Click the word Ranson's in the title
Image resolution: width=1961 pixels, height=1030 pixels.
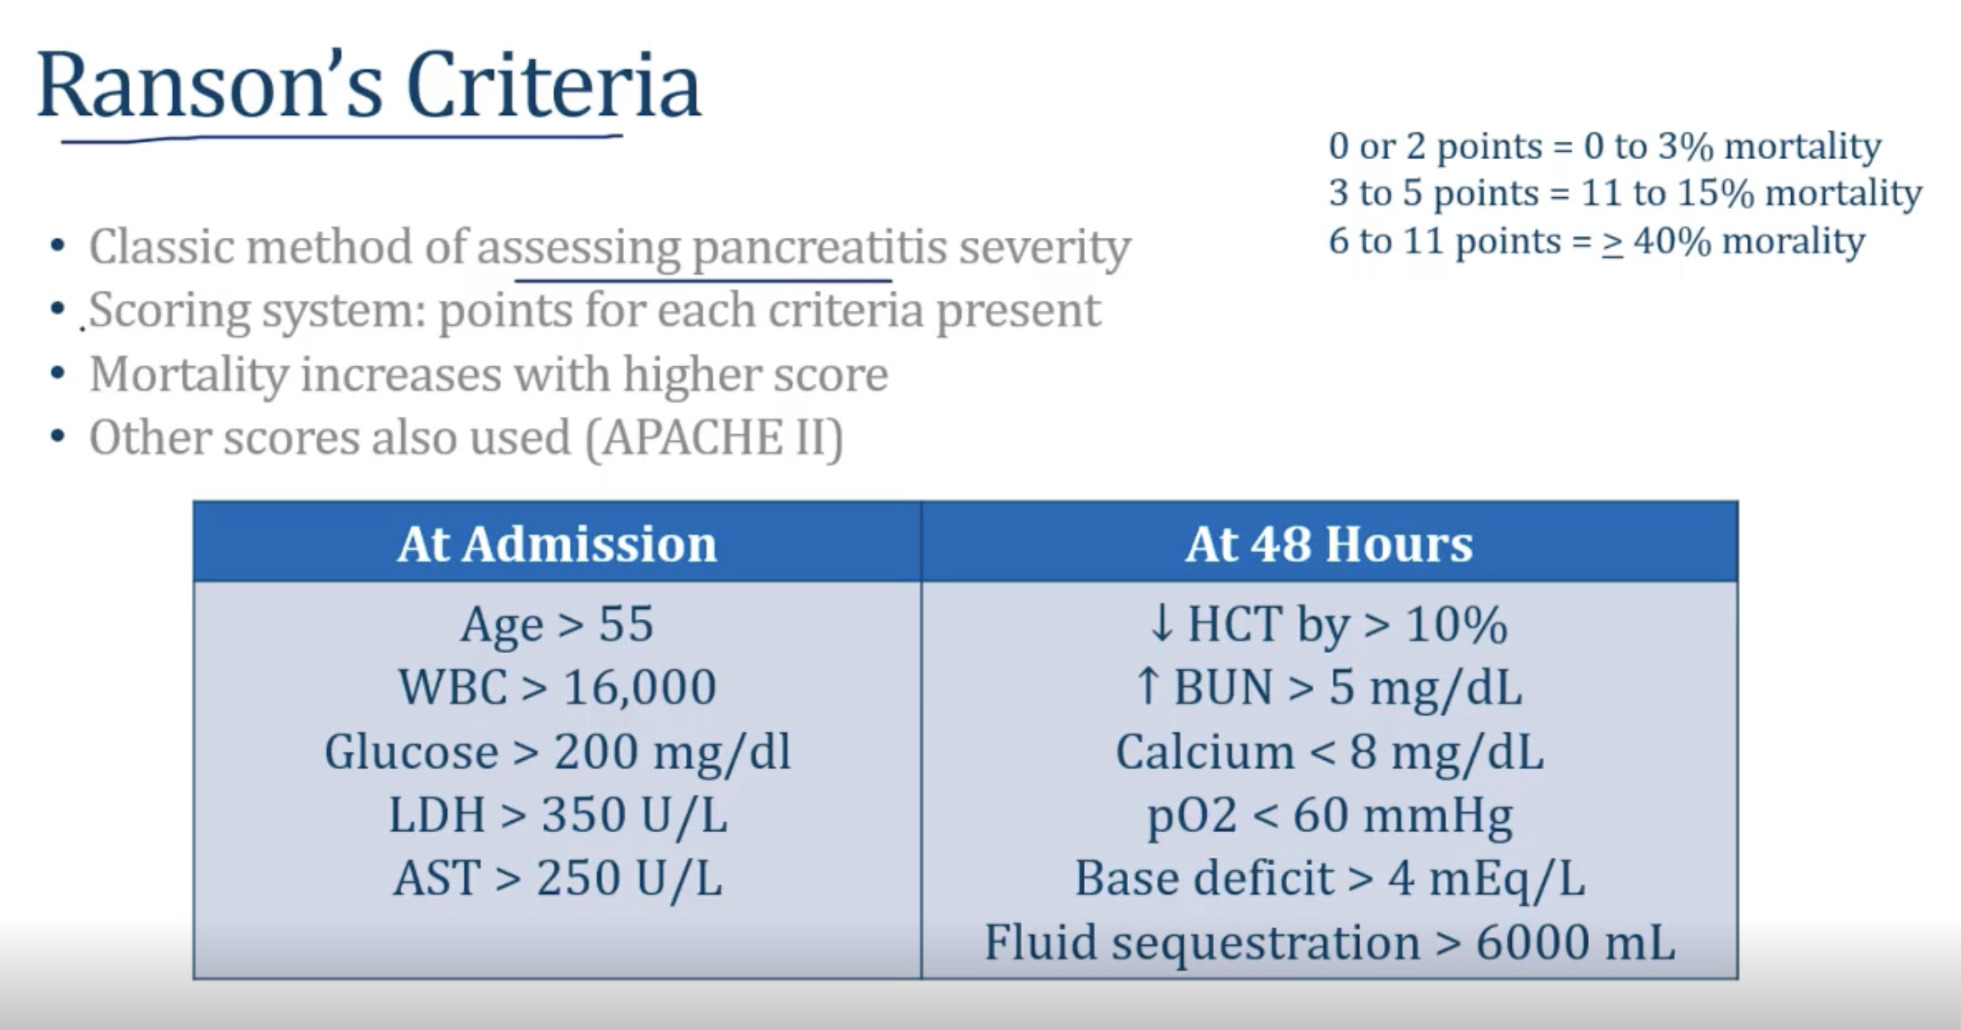[x=209, y=86]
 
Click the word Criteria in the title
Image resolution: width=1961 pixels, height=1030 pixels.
[x=554, y=86]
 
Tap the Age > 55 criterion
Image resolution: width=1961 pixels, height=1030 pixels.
[x=557, y=625]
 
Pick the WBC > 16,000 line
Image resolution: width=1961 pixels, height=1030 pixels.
[x=557, y=688]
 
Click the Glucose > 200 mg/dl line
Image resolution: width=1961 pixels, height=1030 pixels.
[x=557, y=752]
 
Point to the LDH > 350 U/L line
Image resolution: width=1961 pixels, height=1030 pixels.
[x=557, y=815]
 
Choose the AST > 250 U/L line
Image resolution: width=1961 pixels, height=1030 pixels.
[x=557, y=878]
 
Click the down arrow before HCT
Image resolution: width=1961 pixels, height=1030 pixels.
[x=1162, y=625]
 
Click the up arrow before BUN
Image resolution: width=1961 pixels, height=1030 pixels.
[x=1148, y=686]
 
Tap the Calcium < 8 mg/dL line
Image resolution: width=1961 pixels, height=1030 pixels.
[x=1329, y=752]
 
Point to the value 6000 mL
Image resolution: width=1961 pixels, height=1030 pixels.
[x=1576, y=942]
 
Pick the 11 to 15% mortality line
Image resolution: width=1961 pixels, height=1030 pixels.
[x=1626, y=194]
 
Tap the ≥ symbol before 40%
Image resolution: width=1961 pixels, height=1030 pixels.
[x=1611, y=243]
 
